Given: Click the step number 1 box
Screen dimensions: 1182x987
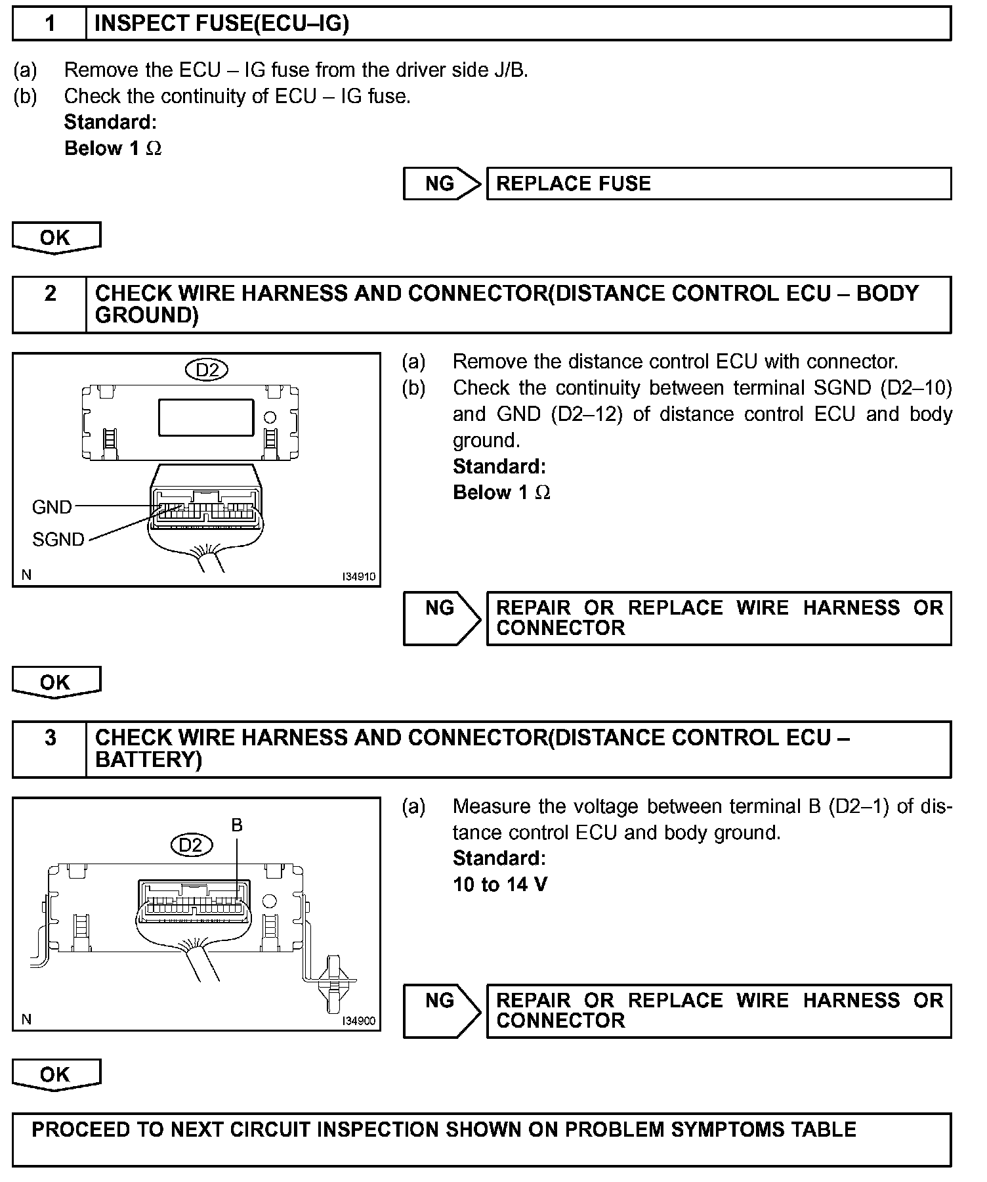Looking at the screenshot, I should [x=50, y=24].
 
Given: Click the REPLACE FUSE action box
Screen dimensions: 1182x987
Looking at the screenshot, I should [x=718, y=183].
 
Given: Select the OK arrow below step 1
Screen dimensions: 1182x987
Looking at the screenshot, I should [x=56, y=238].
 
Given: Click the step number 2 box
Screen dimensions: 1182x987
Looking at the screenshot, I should [x=50, y=304].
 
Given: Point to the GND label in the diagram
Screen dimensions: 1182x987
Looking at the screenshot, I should [x=52, y=507].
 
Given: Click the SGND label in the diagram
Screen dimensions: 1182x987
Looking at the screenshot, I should [x=58, y=540].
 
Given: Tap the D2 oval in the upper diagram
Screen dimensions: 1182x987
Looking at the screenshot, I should [x=207, y=370].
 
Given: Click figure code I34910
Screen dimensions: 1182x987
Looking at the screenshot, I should [x=358, y=577].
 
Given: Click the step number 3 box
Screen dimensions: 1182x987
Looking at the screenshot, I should [x=50, y=749].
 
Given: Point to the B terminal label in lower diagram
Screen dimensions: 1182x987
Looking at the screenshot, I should [x=237, y=825].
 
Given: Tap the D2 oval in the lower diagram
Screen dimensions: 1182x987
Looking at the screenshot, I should [x=191, y=844].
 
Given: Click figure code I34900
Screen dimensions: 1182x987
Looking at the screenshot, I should [x=358, y=1021].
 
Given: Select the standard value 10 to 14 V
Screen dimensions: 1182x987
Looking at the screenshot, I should [x=499, y=885].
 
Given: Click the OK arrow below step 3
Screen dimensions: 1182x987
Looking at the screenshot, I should [x=56, y=1075].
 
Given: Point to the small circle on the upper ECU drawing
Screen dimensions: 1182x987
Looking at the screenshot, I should [x=269, y=416].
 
